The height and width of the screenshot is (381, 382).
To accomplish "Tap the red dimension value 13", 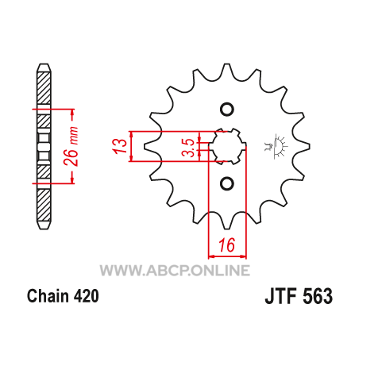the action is click(x=119, y=146).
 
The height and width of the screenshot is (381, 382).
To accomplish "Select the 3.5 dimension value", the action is click(x=190, y=148).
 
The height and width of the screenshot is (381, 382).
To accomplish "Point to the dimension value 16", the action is click(x=227, y=244).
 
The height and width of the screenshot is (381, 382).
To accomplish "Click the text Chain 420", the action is click(x=63, y=296).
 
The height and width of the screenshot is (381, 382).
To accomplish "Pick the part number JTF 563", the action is click(x=299, y=296).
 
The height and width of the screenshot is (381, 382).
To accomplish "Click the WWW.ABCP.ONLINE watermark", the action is click(x=175, y=271).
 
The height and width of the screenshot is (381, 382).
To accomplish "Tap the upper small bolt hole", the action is click(x=227, y=110).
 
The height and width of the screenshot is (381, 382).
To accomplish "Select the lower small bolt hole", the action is click(x=227, y=183).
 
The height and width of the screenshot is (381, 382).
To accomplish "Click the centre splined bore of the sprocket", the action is click(x=227, y=146).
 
